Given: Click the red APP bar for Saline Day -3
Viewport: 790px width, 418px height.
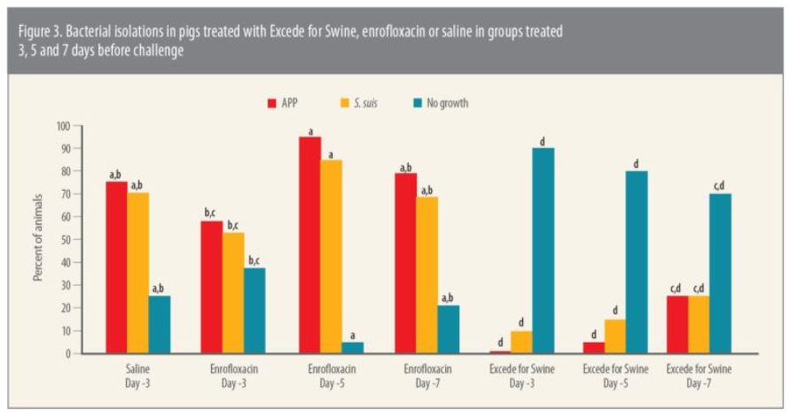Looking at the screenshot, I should click(x=116, y=267).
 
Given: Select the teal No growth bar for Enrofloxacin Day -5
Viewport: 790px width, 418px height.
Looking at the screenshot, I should click(x=354, y=348).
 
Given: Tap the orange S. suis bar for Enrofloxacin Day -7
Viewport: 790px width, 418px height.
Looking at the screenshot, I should click(x=426, y=275).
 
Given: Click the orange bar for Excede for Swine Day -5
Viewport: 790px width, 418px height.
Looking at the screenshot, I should click(x=614, y=336).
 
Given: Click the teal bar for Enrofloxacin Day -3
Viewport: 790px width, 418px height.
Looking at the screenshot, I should click(x=254, y=311).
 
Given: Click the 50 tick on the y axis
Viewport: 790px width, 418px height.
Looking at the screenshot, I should click(x=64, y=240).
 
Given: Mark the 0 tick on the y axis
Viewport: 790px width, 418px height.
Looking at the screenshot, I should click(x=66, y=353).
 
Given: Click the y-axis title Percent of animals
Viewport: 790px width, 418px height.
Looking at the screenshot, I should click(x=38, y=241).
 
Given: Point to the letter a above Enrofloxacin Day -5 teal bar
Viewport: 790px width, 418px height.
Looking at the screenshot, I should click(x=354, y=334).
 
